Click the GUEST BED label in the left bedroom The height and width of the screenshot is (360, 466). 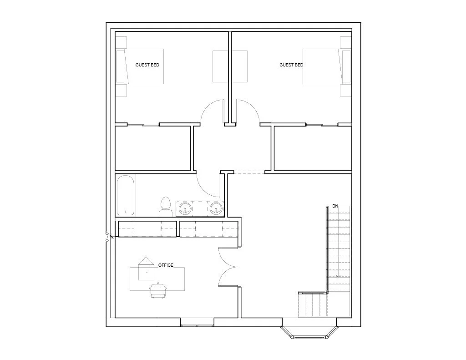147,65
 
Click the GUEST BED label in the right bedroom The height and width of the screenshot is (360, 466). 291,65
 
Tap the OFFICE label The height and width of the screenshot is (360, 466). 166,265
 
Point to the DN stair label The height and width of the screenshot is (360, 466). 335,206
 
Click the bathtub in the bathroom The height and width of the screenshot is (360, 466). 126,195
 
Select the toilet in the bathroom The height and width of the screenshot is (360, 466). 166,207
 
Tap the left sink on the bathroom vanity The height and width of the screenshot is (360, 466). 186,208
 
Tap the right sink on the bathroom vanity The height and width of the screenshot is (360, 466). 216,208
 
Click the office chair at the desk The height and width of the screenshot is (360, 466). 158,290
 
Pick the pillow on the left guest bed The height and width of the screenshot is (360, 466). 120,66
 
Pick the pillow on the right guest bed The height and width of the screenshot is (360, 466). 346,66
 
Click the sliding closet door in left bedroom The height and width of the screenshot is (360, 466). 143,125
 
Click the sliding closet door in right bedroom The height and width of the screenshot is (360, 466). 322,125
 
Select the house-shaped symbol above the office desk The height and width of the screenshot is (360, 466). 146,260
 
